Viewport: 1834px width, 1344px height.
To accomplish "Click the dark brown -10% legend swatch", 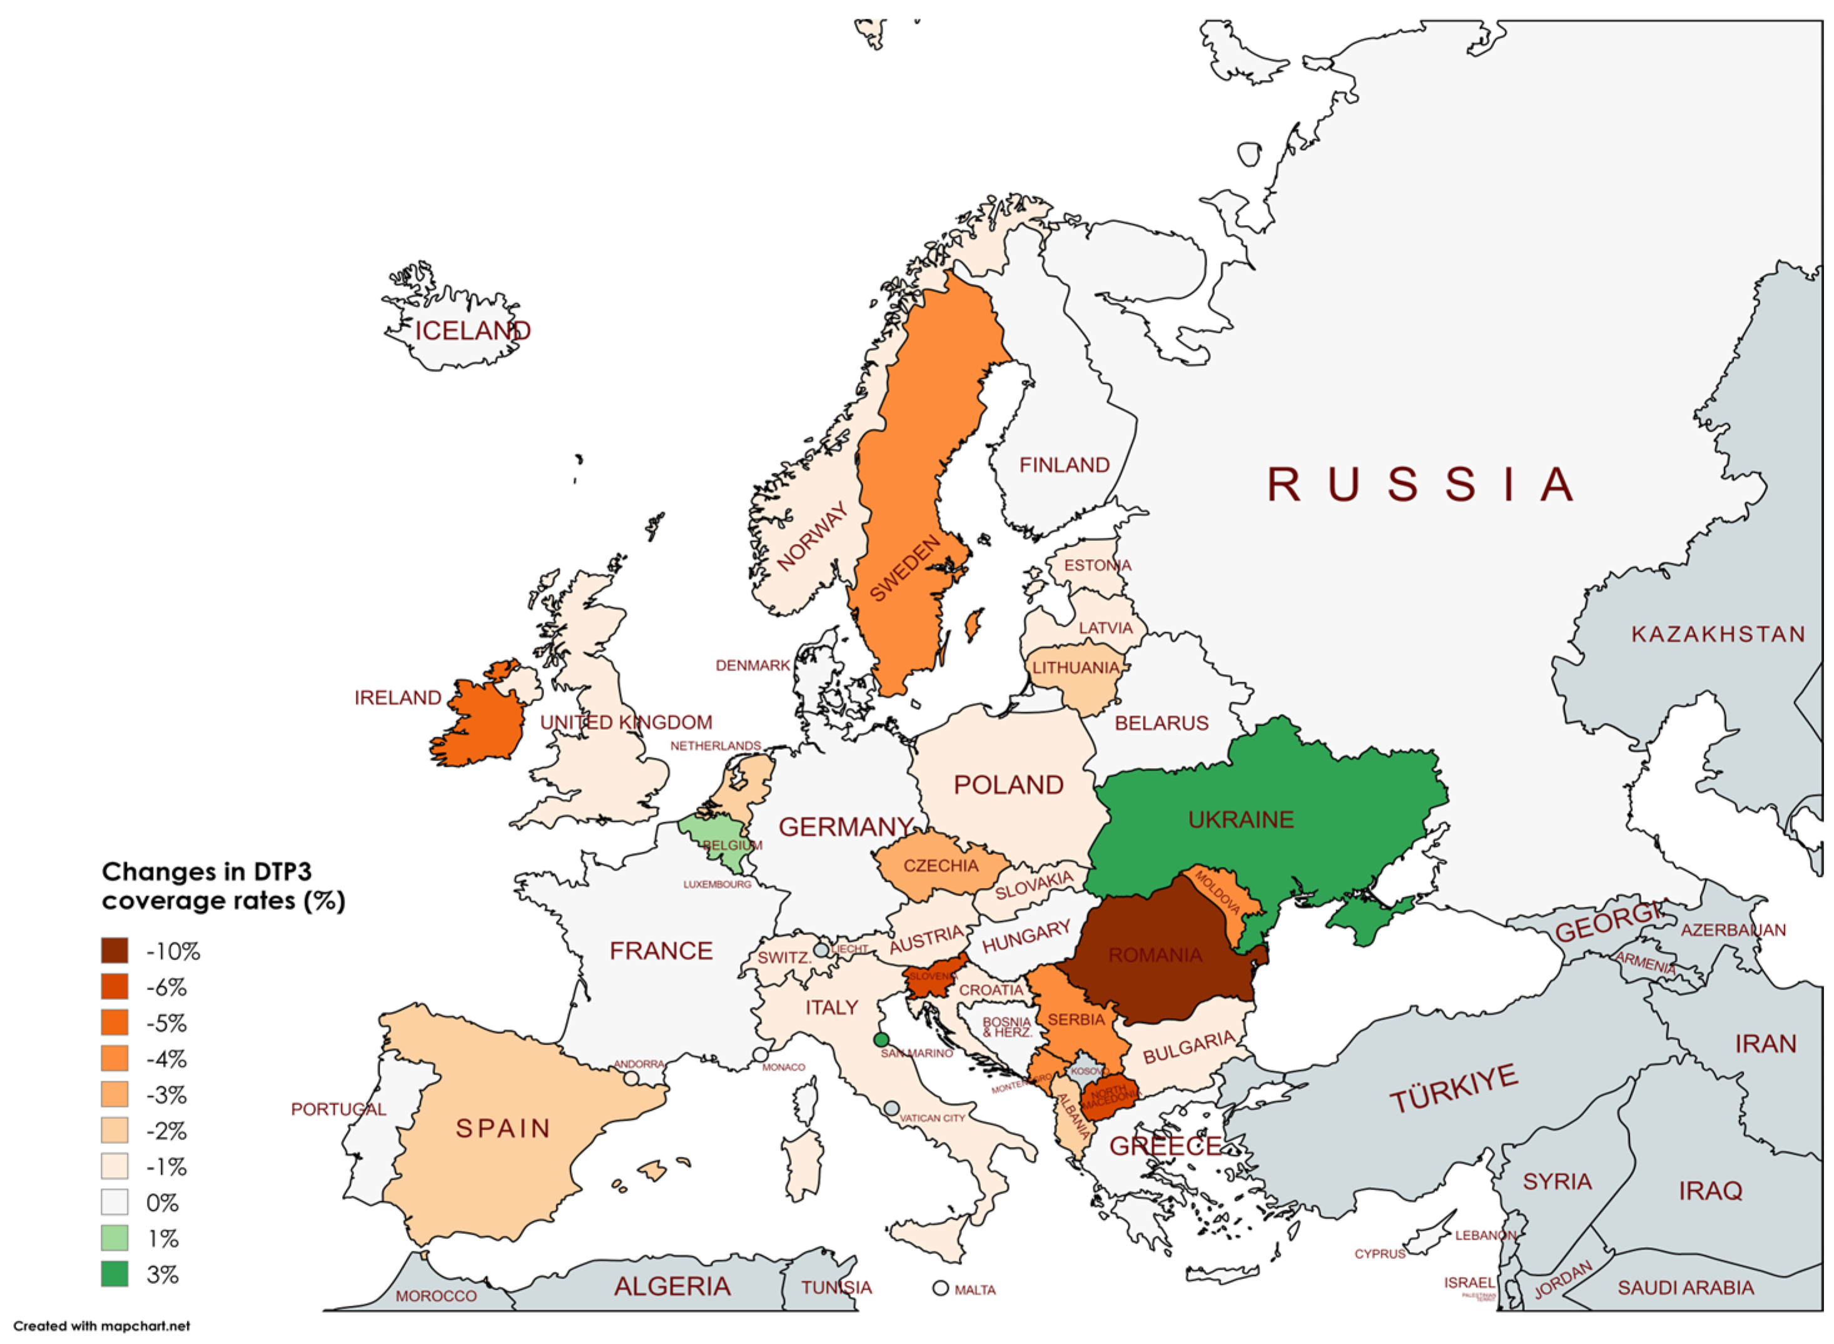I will pos(114,950).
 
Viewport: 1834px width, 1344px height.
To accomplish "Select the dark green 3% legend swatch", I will pos(114,1274).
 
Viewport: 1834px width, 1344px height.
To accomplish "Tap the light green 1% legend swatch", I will pos(114,1238).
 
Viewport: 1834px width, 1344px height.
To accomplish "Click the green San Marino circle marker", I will pos(879,1039).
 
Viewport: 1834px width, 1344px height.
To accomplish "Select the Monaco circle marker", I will pos(760,1055).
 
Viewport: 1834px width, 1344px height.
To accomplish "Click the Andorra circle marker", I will pos(631,1079).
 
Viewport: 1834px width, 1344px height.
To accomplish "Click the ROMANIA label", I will pos(1155,955).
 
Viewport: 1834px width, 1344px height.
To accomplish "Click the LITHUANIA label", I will pos(1076,668).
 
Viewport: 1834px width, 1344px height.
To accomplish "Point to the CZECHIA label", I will pos(941,866).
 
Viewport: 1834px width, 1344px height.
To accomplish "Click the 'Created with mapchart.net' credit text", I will pos(102,1326).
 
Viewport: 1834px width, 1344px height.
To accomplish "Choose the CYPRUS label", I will pos(1379,1254).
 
